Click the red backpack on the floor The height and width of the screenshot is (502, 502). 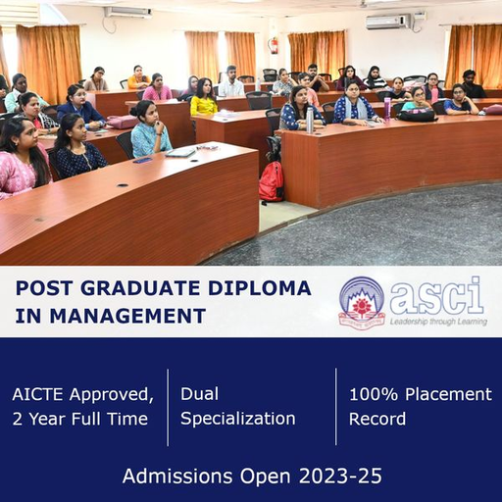[272, 181]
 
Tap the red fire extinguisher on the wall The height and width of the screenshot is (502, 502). [274, 46]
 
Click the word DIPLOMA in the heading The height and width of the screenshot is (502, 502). [260, 288]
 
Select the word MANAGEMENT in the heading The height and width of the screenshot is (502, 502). [127, 316]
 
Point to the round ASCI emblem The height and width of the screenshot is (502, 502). [362, 302]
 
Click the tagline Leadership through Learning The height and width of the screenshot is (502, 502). [438, 322]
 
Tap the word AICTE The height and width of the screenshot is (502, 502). [37, 394]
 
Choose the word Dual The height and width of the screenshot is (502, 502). [199, 393]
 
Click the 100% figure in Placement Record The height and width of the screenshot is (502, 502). [374, 394]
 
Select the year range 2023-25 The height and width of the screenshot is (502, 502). [340, 476]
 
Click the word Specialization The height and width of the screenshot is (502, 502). [238, 419]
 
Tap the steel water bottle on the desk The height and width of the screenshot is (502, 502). [309, 120]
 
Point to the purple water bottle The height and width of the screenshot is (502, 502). [387, 109]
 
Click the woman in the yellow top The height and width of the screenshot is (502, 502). [203, 97]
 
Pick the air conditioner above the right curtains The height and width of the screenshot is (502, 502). [389, 22]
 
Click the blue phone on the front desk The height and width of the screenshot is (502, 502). [142, 160]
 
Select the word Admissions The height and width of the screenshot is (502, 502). [177, 476]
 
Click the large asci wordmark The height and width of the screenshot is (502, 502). [436, 297]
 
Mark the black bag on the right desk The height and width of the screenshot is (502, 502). [417, 115]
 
